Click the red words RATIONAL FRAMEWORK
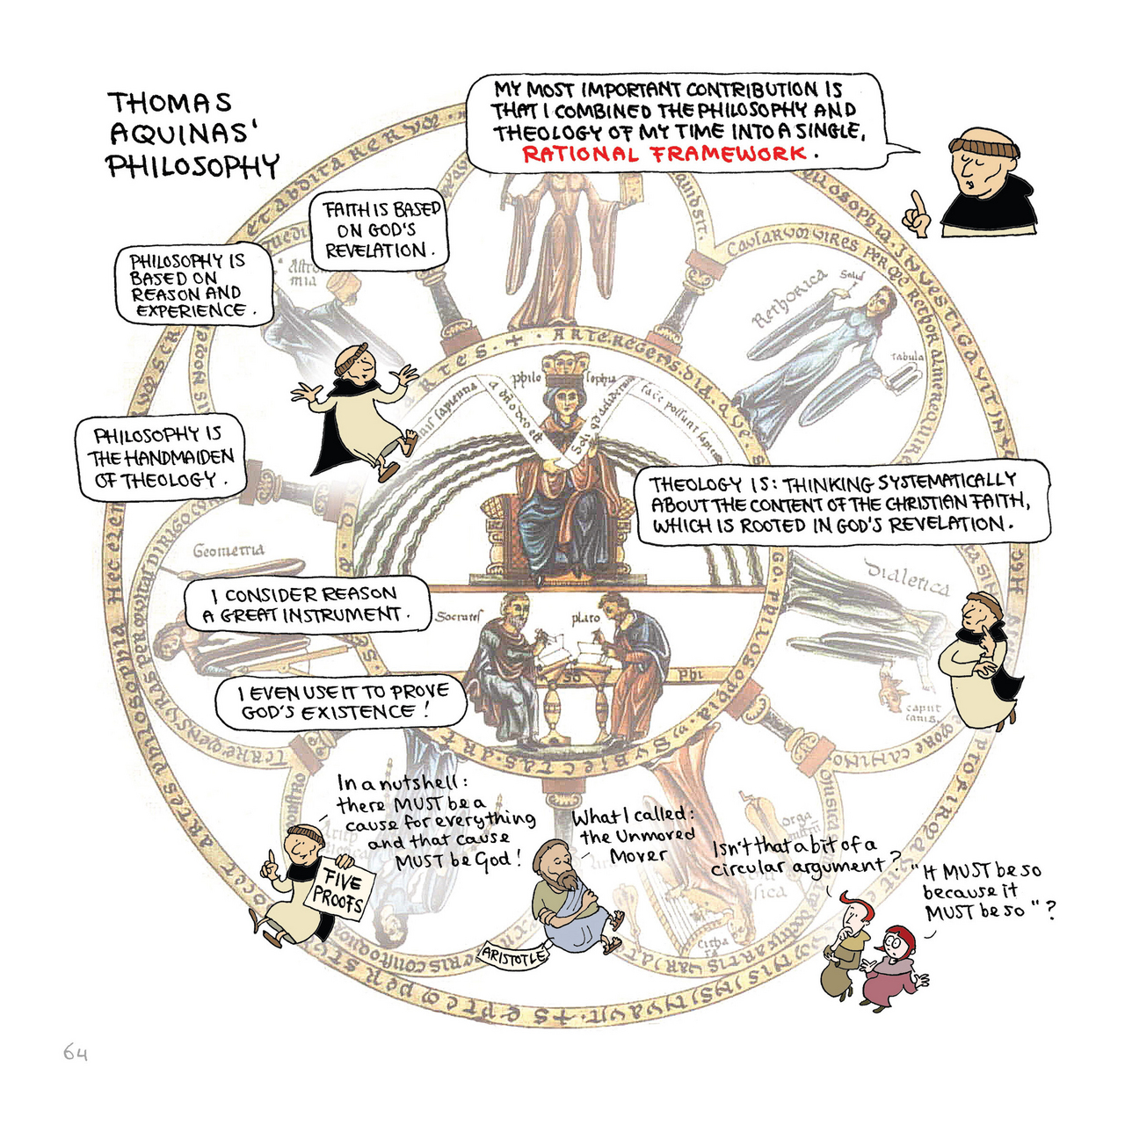664,155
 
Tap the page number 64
76,1052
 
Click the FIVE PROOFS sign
339,889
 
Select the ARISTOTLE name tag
514,956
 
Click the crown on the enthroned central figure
565,364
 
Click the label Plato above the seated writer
585,618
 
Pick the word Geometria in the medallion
228,551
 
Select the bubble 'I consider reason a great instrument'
307,605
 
